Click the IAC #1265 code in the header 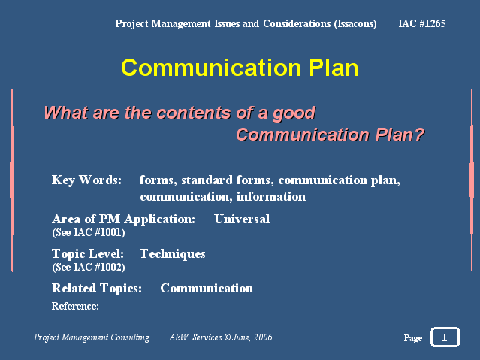(422, 23)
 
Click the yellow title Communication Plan (240, 68)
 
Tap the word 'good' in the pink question (294, 113)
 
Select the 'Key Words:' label (86, 180)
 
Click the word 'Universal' (242, 219)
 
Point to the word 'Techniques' (172, 254)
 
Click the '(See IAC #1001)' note (89, 232)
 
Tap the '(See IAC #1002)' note (89, 267)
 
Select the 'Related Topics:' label (97, 289)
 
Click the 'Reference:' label (75, 306)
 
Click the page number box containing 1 (445, 337)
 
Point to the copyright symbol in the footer (227, 337)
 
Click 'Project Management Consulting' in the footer (92, 337)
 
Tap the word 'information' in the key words (271, 197)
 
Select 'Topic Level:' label (88, 254)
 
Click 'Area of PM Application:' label (123, 219)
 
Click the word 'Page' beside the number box (413, 338)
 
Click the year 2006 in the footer (263, 337)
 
